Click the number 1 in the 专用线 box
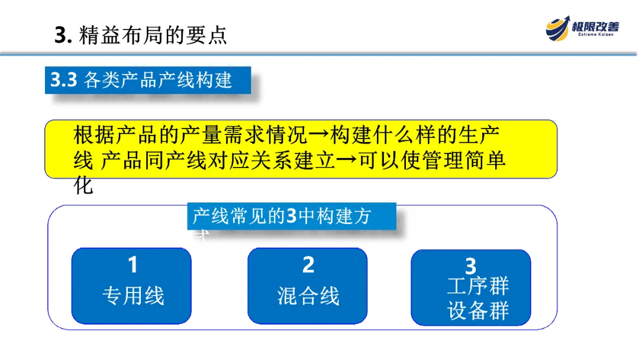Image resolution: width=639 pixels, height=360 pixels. (133, 265)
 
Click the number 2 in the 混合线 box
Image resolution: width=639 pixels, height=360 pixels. (308, 265)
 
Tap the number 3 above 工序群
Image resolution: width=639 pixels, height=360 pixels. (470, 266)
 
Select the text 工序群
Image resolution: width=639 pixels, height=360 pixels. (477, 286)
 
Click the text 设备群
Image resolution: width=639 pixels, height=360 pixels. (477, 311)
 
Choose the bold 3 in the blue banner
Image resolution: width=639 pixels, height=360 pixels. (291, 217)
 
